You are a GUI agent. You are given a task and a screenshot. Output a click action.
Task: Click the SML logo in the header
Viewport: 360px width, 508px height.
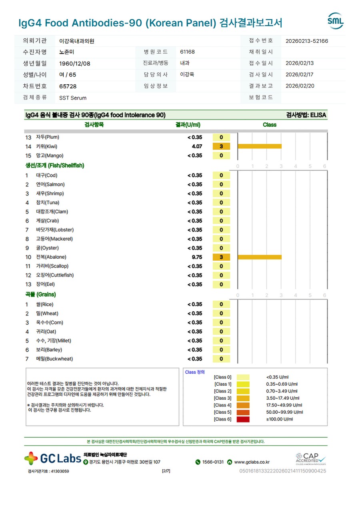[x=335, y=21]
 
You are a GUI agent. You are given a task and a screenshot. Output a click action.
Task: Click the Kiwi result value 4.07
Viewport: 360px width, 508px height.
[x=197, y=146]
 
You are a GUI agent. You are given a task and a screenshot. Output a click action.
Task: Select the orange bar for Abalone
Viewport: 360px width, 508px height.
[x=260, y=257]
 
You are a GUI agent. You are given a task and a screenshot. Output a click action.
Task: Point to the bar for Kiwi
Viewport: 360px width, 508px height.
[x=260, y=146]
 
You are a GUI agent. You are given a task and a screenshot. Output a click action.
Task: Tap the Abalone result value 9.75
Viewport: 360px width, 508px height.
[x=197, y=257]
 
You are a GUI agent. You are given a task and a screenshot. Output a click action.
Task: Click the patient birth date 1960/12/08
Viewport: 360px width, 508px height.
[x=75, y=64]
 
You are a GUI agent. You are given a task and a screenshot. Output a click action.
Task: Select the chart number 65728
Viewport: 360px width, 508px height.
[x=68, y=86]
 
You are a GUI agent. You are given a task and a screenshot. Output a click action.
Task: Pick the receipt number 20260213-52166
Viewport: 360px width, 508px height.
[x=307, y=41]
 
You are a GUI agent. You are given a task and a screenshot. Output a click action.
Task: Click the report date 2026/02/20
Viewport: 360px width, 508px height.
[x=300, y=86]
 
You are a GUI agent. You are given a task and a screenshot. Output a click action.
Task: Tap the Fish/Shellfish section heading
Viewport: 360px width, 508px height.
[x=55, y=165]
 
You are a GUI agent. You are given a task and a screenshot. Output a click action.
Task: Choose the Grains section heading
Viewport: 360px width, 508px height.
[x=40, y=295]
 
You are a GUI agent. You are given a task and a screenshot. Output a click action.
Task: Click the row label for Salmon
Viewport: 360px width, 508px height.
[x=50, y=184]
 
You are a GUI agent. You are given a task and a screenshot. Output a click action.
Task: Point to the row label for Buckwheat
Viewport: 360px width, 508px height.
[x=54, y=359]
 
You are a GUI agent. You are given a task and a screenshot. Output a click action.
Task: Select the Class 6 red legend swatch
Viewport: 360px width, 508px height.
[x=243, y=419]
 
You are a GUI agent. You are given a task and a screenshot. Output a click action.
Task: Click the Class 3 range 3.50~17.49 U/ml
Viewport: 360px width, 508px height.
[x=283, y=398]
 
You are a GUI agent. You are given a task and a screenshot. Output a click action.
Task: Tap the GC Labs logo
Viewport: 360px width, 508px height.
[x=52, y=458]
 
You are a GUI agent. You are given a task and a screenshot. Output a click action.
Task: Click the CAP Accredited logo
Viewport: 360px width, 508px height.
[x=311, y=459]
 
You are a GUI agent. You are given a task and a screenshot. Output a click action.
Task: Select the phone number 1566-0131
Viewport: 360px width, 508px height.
[x=213, y=462]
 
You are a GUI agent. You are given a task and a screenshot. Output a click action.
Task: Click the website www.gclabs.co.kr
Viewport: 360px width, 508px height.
[x=252, y=462]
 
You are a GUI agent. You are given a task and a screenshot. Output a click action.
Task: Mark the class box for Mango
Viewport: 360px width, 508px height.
[x=221, y=155]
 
